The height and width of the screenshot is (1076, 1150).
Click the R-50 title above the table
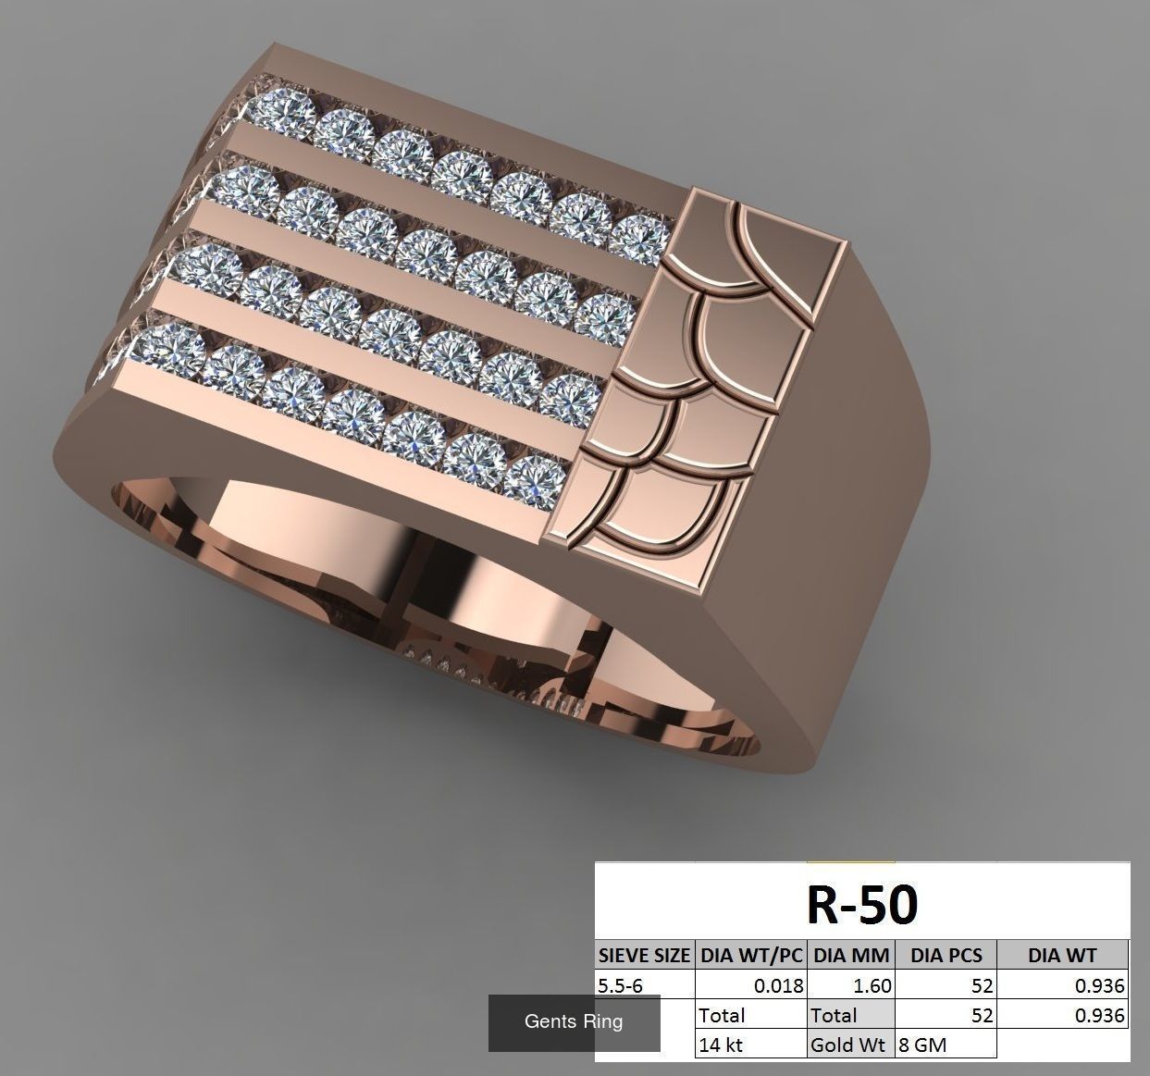(861, 905)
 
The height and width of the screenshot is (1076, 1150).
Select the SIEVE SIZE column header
(644, 956)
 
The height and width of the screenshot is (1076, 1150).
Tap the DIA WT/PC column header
(750, 956)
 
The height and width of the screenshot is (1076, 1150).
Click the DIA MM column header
(851, 956)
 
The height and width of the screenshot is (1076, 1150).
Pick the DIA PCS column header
(946, 956)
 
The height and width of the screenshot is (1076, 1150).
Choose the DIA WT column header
(1061, 956)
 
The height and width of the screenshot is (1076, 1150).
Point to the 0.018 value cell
(778, 985)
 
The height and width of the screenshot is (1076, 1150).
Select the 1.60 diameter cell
(872, 985)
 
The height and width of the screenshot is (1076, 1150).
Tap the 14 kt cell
(722, 1045)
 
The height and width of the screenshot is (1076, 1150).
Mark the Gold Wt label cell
(848, 1045)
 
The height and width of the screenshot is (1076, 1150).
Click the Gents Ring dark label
(574, 1022)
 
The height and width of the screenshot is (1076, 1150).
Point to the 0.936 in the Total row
(1099, 1015)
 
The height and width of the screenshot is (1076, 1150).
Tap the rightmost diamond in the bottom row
(534, 481)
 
